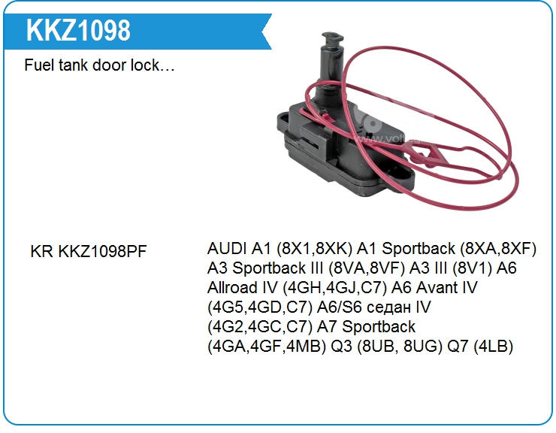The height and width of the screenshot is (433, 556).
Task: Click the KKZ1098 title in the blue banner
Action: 77,29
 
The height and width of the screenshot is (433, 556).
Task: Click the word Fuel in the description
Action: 39,66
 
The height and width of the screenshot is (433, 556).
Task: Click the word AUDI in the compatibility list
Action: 228,248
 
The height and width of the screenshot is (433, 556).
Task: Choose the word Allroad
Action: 233,287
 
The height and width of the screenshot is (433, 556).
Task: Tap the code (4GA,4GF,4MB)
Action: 265,347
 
